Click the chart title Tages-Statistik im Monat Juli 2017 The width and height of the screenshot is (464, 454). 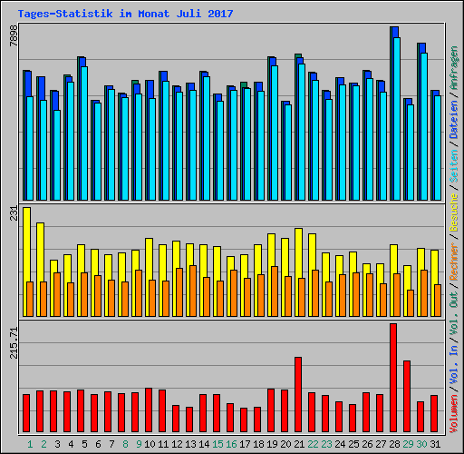pyautogui.click(x=125, y=14)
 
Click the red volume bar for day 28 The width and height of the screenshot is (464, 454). pyautogui.click(x=393, y=378)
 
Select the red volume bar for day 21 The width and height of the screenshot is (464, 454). pyautogui.click(x=298, y=394)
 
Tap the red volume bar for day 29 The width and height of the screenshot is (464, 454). pyautogui.click(x=407, y=396)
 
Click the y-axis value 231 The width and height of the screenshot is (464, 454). pyautogui.click(x=13, y=214)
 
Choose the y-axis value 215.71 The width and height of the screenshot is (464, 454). pyautogui.click(x=13, y=342)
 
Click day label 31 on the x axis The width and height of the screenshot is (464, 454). pyautogui.click(x=435, y=444)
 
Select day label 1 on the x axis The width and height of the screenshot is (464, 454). pyautogui.click(x=30, y=444)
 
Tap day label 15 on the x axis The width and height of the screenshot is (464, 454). pyautogui.click(x=217, y=444)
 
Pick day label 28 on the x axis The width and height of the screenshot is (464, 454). pyautogui.click(x=394, y=444)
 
